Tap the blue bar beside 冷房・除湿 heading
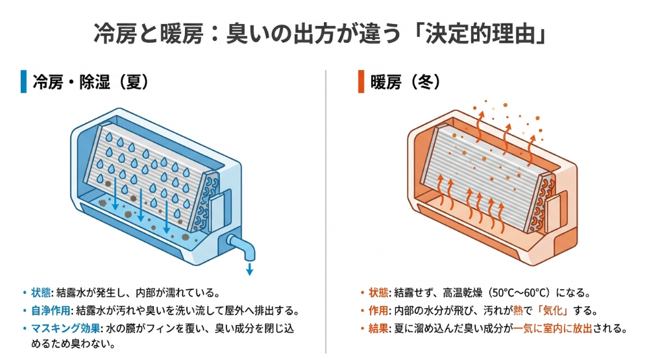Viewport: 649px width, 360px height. (23, 82)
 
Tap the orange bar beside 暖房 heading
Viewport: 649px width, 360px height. (361, 82)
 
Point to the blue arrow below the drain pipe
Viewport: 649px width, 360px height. (249, 269)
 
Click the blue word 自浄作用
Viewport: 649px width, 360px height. (53, 310)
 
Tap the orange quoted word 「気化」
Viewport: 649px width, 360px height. (573, 310)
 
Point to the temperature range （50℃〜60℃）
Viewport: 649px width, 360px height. (530, 292)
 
